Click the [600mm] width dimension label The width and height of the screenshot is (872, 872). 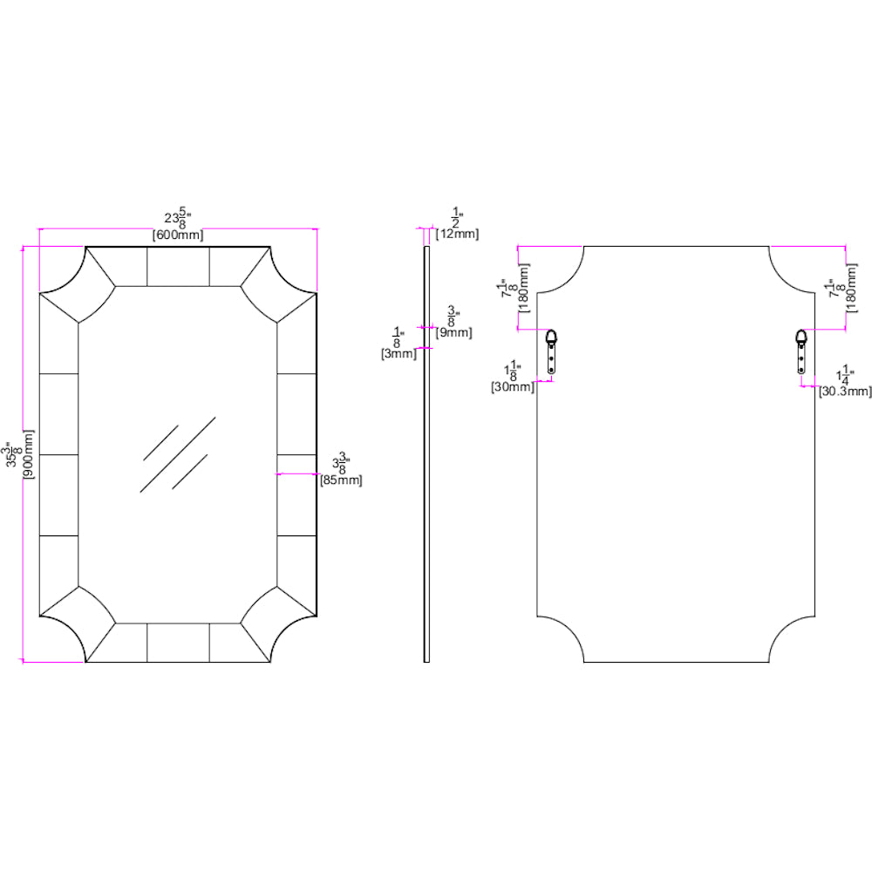click(178, 234)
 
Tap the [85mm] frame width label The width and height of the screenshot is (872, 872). click(341, 480)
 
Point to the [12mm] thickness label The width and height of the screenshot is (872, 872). click(457, 234)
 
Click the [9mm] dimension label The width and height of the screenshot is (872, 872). click(453, 332)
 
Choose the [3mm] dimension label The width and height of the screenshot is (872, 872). click(397, 353)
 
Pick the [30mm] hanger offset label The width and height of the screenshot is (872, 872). click(513, 386)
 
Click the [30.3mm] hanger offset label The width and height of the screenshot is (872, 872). click(843, 392)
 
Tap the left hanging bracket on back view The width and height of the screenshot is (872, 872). click(551, 351)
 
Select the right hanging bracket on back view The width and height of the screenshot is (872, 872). click(801, 351)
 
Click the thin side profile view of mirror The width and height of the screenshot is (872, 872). click(426, 453)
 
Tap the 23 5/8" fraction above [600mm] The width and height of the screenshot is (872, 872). click(177, 218)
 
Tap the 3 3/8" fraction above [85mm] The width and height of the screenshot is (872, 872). click(341, 463)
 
